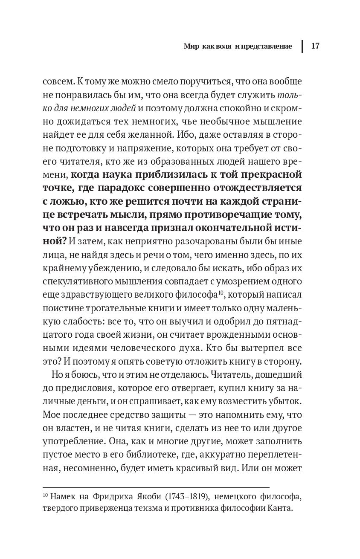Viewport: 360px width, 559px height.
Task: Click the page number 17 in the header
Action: pyautogui.click(x=316, y=46)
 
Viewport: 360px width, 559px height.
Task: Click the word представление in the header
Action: pyautogui.click(x=267, y=46)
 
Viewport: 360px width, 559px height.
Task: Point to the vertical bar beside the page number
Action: pyautogui.click(x=302, y=46)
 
